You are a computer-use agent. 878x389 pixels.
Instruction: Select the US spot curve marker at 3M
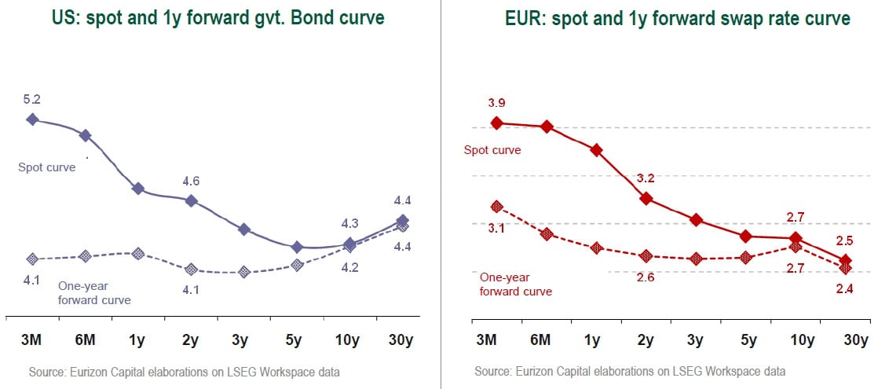[x=32, y=119]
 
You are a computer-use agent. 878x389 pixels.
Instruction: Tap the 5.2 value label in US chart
[x=32, y=99]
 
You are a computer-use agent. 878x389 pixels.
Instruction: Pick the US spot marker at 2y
[x=191, y=200]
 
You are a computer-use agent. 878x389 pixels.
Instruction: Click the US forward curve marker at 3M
[x=32, y=259]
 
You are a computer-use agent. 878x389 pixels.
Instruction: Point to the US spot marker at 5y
[x=297, y=248]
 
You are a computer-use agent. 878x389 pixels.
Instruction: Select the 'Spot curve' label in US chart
[x=47, y=167]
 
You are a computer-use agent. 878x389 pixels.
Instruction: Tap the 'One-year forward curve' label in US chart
[x=95, y=293]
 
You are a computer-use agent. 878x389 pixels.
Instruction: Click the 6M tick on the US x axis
[x=85, y=339]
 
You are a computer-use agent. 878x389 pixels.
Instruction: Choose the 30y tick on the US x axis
[x=402, y=339]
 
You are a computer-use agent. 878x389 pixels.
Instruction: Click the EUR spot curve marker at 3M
[x=496, y=123]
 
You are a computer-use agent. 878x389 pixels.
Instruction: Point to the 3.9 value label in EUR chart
[x=496, y=103]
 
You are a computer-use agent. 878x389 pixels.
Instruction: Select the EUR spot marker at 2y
[x=646, y=198]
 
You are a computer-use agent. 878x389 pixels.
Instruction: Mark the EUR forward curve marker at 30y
[x=845, y=268]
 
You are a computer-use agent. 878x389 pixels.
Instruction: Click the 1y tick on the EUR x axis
[x=593, y=340]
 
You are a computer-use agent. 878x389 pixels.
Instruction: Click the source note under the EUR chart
[x=630, y=371]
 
